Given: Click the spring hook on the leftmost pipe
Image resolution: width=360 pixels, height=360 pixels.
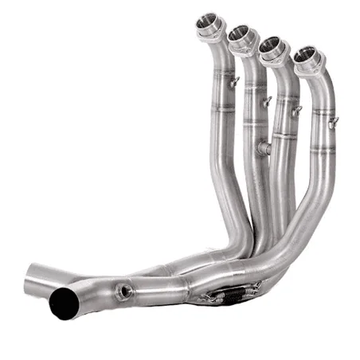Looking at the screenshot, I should [x=233, y=80].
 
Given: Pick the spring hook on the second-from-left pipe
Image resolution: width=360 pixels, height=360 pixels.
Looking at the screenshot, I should [x=267, y=101].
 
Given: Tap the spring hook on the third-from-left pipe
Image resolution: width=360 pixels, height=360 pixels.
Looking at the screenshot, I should [x=296, y=111].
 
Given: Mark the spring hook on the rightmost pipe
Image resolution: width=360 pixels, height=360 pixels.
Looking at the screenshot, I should [x=333, y=121].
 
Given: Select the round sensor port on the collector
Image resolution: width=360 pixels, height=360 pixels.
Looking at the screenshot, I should [x=123, y=292].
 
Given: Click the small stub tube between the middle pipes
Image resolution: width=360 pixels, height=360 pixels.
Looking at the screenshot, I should [x=264, y=148].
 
